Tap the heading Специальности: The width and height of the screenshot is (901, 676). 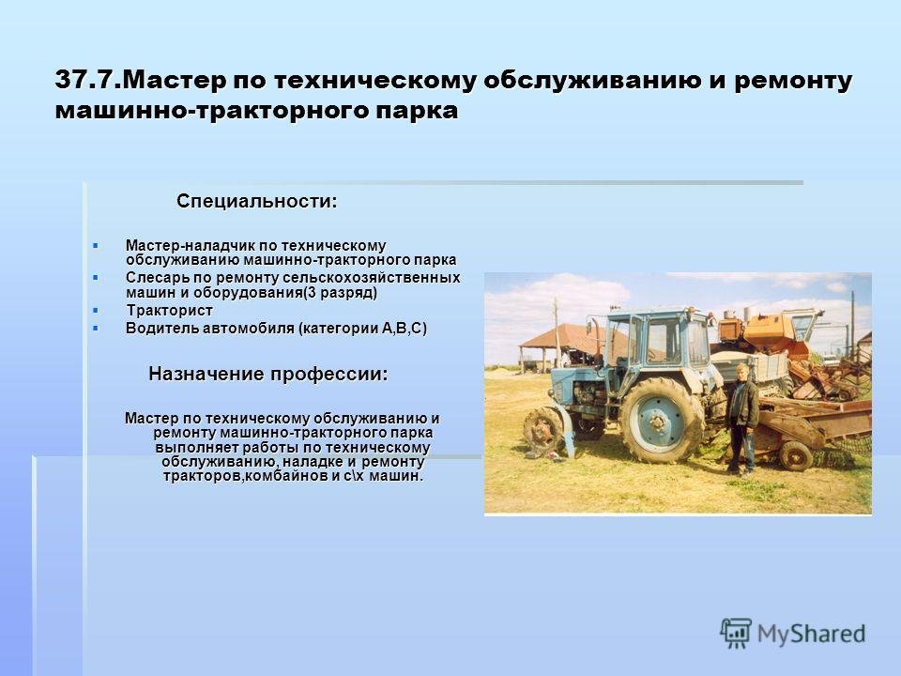[x=257, y=202]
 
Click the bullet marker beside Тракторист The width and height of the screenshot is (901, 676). [x=96, y=311]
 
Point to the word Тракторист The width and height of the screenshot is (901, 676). [x=170, y=311]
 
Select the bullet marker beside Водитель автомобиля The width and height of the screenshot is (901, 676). [x=96, y=329]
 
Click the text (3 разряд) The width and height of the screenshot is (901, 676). [x=340, y=293]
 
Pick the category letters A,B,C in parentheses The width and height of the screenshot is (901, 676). [x=405, y=329]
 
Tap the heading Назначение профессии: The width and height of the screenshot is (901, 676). [x=268, y=375]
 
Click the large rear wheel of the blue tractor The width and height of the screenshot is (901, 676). [x=661, y=421]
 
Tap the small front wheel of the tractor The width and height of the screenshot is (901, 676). [x=543, y=429]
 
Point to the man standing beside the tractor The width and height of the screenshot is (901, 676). [x=741, y=418]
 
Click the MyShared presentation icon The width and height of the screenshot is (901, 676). [x=736, y=634]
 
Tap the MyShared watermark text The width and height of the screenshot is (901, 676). [x=811, y=634]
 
